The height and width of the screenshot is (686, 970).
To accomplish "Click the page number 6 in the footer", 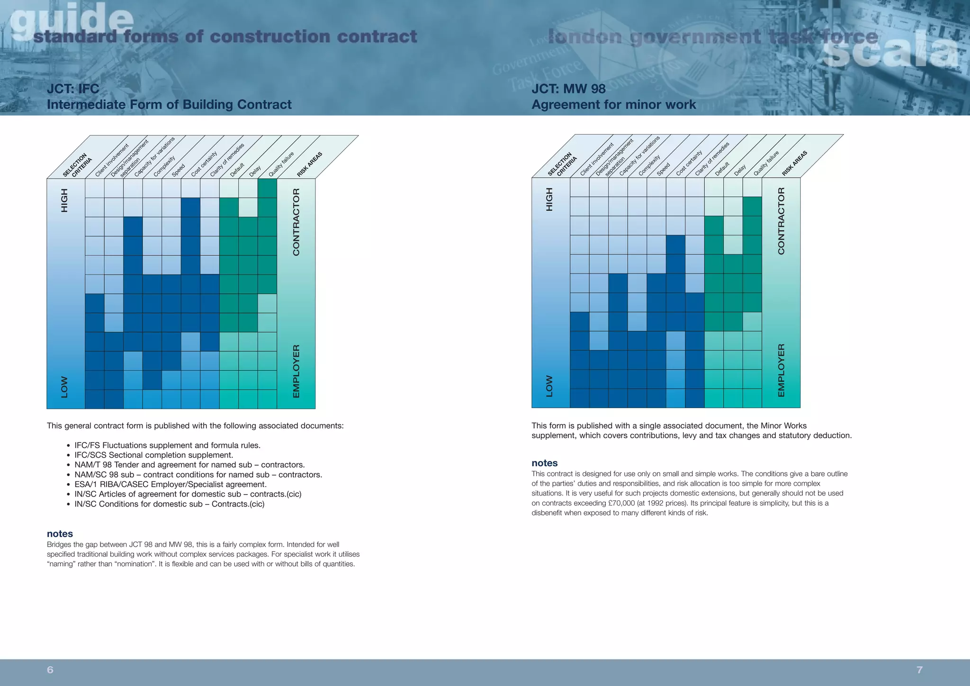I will coord(50,669).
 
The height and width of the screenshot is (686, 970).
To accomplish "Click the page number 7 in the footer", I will coord(919,669).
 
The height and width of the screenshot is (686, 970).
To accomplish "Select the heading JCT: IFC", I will coord(73,89).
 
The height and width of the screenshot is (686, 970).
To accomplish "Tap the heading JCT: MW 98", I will coord(568,89).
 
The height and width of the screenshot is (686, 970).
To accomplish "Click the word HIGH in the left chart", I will coord(64,200).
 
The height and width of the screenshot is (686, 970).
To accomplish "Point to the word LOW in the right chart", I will coord(549,386).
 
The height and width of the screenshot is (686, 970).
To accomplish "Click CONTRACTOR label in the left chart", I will coord(296,222).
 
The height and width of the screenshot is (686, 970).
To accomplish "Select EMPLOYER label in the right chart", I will coord(781,370).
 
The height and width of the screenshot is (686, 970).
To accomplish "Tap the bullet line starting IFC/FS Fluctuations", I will coord(167,445).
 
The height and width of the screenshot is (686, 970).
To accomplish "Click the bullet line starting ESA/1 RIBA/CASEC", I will coord(171,484).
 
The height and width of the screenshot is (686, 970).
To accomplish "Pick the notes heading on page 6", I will coord(60,534).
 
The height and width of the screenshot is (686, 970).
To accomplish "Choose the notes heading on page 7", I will coord(545,463).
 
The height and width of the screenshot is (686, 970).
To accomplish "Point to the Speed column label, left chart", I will coord(178,170).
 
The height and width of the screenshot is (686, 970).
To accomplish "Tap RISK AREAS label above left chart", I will coord(309,164).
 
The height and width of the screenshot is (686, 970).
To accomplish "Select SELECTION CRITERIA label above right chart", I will coord(562,165).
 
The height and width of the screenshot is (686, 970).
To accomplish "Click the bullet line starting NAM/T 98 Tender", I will coord(189,465).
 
